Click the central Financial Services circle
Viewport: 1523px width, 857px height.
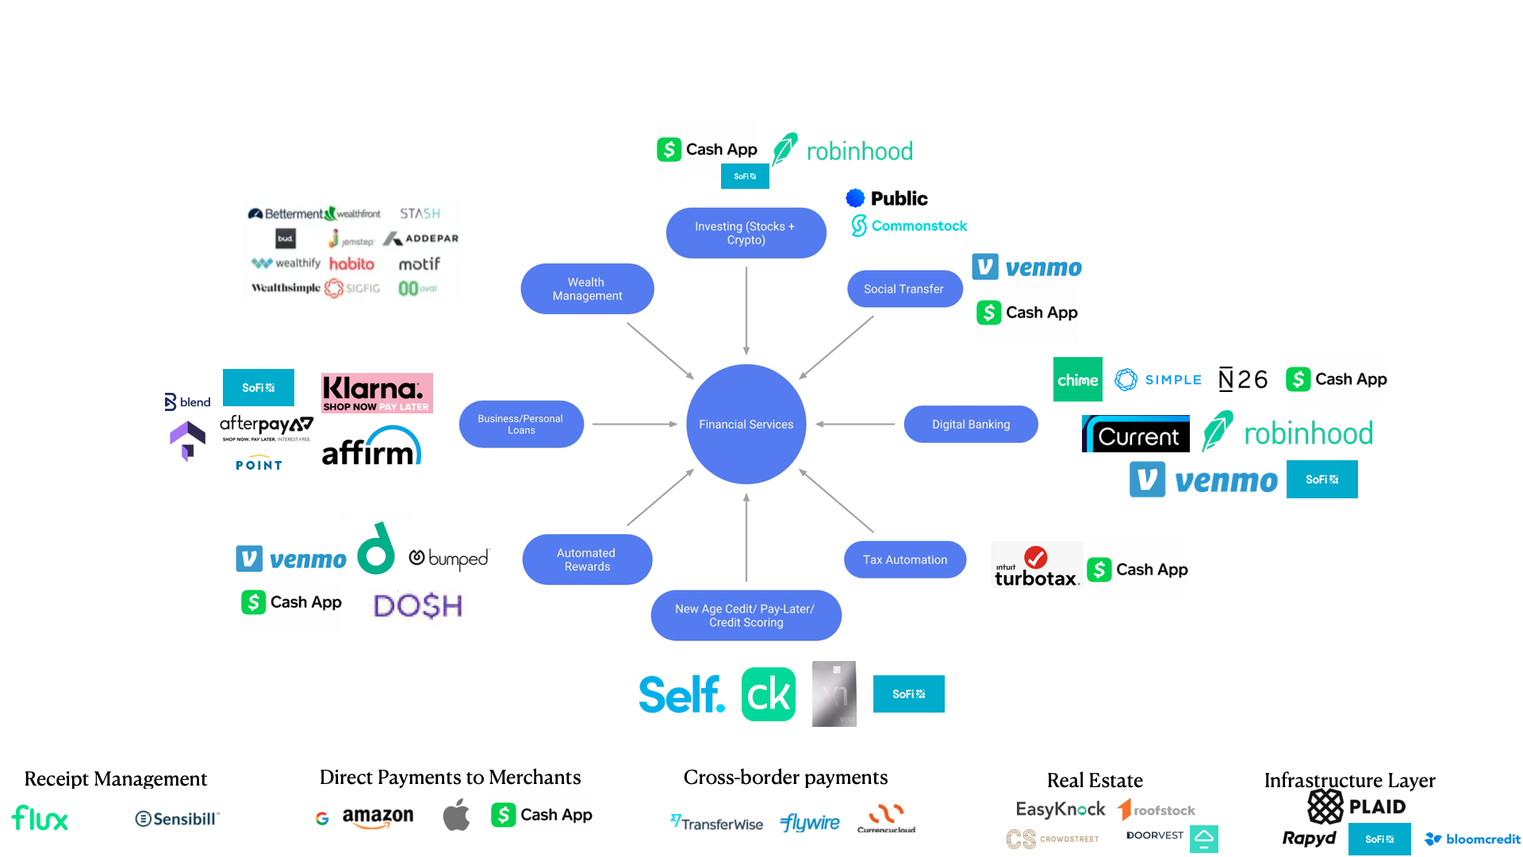[746, 425]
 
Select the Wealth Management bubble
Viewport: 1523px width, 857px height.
[587, 289]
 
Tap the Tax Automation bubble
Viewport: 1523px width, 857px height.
[904, 559]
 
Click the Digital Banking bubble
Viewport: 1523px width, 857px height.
[970, 425]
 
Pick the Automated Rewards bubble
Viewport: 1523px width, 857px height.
[587, 559]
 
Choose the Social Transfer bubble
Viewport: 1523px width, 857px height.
[903, 289]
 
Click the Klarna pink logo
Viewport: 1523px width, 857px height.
[377, 393]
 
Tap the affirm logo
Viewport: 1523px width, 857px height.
[370, 448]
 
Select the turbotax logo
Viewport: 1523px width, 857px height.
[1036, 567]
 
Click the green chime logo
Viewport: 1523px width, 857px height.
[1077, 379]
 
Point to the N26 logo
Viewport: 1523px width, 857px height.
[1242, 379]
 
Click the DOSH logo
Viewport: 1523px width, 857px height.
[417, 606]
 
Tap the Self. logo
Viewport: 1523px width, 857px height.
[681, 694]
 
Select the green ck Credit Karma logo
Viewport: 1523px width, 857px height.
[768, 694]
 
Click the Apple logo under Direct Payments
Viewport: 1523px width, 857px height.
[456, 815]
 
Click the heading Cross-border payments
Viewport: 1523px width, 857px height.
[785, 777]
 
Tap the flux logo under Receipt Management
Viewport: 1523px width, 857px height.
[40, 818]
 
